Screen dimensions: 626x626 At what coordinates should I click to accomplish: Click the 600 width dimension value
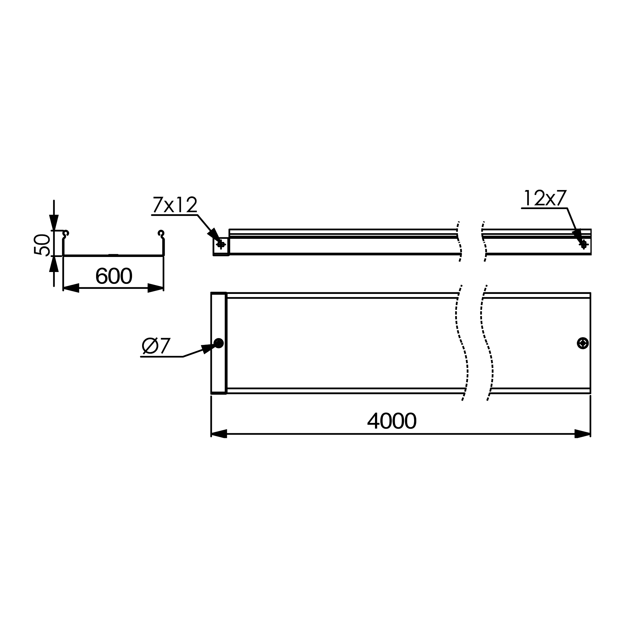click(114, 276)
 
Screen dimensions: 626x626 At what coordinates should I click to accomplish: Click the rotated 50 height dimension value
click(42, 245)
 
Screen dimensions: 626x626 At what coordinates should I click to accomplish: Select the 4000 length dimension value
click(392, 421)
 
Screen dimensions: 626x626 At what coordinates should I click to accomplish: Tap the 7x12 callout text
click(175, 205)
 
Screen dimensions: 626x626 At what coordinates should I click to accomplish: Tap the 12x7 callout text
click(545, 198)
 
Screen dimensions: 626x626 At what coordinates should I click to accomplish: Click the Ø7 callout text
click(156, 346)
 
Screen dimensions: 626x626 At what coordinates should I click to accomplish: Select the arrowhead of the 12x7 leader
click(577, 235)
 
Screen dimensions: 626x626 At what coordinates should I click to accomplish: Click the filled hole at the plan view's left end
click(219, 343)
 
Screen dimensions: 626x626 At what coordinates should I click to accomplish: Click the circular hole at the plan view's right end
click(583, 343)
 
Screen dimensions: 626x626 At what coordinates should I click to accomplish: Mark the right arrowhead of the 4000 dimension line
click(582, 434)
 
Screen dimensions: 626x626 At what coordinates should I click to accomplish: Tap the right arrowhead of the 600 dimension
click(156, 288)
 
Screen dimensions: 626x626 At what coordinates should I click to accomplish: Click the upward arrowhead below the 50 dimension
click(54, 264)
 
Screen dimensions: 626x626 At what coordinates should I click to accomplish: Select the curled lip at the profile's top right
click(161, 233)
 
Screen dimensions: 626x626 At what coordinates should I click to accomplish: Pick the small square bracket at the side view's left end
click(221, 247)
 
